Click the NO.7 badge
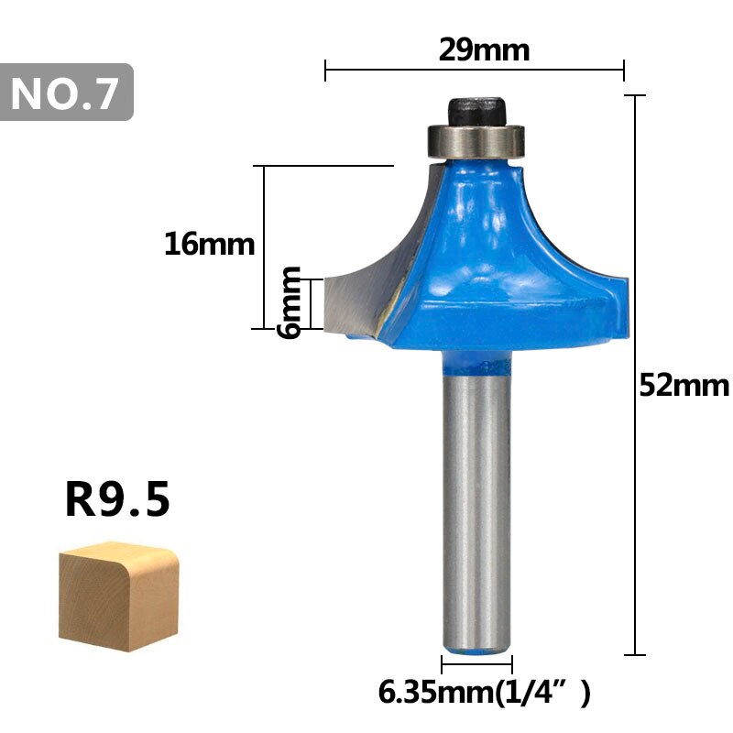click(67, 93)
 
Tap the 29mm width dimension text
click(484, 49)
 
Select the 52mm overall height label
click(684, 385)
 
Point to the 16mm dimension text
click(209, 244)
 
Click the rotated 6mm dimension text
click(290, 302)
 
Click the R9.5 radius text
click(117, 501)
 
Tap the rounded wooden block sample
click(118, 596)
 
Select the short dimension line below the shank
click(476, 664)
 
